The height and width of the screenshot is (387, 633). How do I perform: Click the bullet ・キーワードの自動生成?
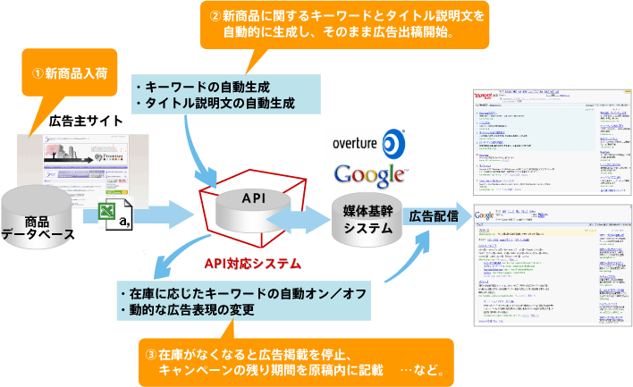(202, 88)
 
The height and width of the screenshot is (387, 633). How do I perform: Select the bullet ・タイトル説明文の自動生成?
(215, 104)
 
